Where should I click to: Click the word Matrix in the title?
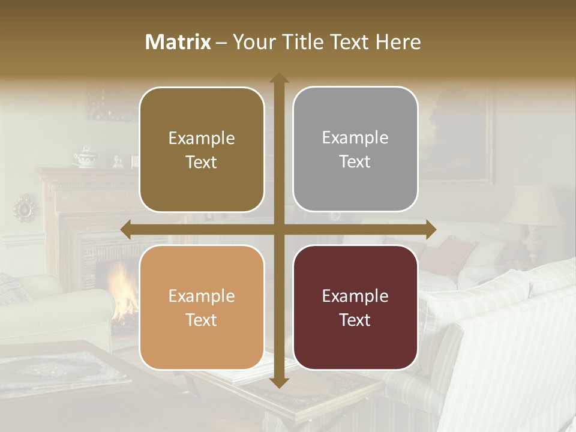(178, 42)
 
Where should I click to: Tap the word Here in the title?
(398, 42)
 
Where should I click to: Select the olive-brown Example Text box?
(202, 150)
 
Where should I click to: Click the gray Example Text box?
(355, 149)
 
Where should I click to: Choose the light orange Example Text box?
(202, 308)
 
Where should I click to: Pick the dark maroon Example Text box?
(355, 307)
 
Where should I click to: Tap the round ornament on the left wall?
(25, 208)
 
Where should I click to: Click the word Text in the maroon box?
(355, 320)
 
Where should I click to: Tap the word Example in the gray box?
(355, 138)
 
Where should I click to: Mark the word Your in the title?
(253, 42)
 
